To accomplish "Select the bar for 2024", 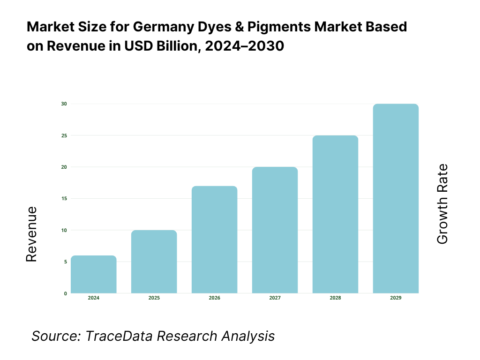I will click(x=94, y=275).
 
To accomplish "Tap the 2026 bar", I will click(x=215, y=240).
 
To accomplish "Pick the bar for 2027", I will click(x=275, y=230).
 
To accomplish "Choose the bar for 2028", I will click(x=335, y=214).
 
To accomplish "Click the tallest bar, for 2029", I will click(x=396, y=199).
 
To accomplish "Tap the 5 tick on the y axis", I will click(x=65, y=262).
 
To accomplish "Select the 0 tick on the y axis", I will click(x=65, y=293).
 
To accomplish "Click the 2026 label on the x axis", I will click(x=215, y=298).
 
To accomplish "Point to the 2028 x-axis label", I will click(x=335, y=298).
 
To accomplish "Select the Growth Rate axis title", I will click(x=442, y=204).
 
